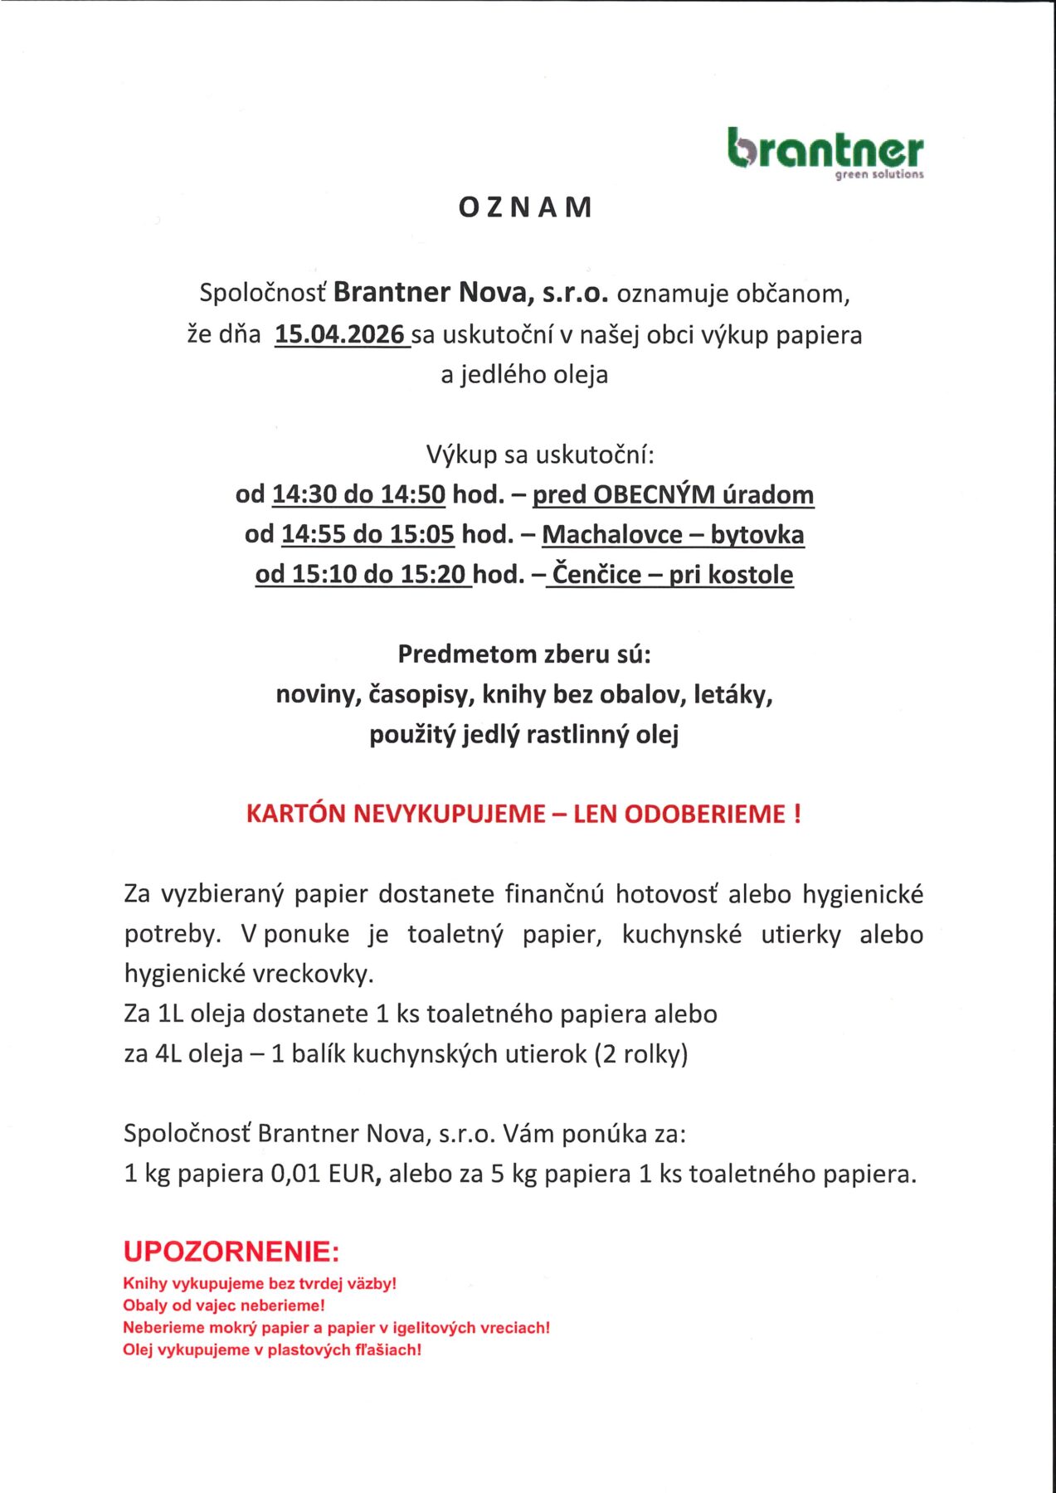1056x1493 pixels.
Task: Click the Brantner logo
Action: coord(825,153)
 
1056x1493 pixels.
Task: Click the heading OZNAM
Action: coord(527,207)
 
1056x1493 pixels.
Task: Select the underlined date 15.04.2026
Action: coord(340,334)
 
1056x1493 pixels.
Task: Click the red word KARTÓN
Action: coord(296,814)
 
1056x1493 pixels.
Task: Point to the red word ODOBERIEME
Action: coord(704,814)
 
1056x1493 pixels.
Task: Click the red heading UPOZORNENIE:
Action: coord(231,1251)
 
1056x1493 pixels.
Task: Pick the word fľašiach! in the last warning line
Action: coord(389,1350)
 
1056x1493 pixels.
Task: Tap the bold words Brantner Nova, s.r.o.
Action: coord(471,293)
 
